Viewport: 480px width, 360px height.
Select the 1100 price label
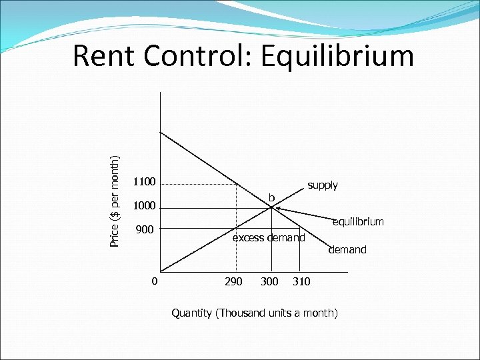coord(144,181)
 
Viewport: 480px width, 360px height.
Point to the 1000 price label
coord(144,205)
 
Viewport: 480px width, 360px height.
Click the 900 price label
coord(145,230)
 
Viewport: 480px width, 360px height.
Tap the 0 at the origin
coord(154,281)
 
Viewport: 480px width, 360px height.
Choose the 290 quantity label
coord(233,281)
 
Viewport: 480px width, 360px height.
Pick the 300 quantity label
coord(269,281)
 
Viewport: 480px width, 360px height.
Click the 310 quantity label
coord(301,281)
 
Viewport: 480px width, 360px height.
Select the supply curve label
coord(323,185)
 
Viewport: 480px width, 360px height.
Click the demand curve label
coord(347,249)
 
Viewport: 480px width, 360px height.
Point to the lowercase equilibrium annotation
coord(358,221)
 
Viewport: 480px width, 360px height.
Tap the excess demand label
coord(268,237)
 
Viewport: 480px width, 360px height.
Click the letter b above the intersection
coord(271,197)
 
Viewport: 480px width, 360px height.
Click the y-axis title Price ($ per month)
coord(115,201)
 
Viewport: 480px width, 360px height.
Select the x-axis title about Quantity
coord(255,312)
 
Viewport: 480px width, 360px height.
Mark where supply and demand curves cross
coord(272,207)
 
